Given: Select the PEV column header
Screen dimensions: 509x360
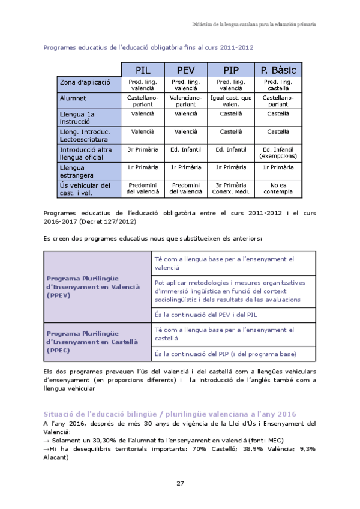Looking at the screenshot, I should click(x=185, y=70).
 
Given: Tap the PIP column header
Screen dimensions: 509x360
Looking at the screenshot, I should click(x=230, y=70).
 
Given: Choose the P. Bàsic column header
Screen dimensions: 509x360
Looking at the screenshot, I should click(x=278, y=70).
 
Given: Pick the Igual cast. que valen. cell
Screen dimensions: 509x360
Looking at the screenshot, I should click(x=230, y=100).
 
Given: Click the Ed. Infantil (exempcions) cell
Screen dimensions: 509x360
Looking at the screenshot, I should click(x=278, y=152).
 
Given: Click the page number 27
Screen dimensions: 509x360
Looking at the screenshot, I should click(x=180, y=484).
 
